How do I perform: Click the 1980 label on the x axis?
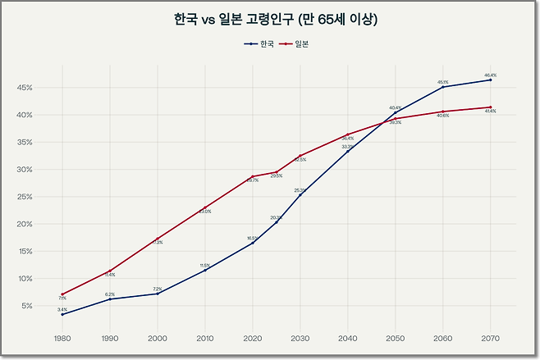[x=62, y=338]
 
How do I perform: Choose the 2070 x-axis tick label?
[x=490, y=338]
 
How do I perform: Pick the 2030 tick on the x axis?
[x=300, y=338]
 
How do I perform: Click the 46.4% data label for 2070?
[x=490, y=75]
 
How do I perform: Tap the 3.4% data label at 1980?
[x=62, y=309]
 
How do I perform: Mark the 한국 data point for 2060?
[x=443, y=87]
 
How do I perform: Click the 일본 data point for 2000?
[x=157, y=239]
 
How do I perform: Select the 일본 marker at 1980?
[x=62, y=294]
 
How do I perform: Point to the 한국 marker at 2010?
[x=204, y=271]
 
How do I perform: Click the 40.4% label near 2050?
[x=395, y=107]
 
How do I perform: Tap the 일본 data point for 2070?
[x=490, y=107]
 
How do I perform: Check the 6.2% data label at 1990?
[x=109, y=294]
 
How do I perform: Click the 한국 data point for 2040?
[x=347, y=151]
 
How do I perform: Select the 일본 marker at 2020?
[x=252, y=176]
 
